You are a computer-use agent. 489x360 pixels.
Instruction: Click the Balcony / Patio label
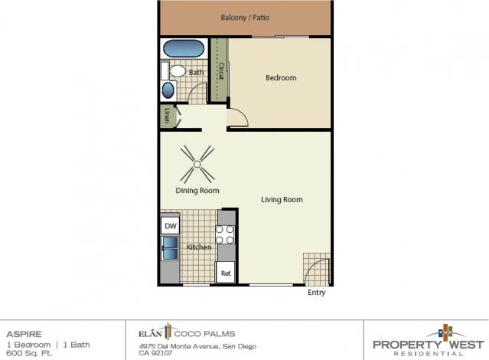point(244,18)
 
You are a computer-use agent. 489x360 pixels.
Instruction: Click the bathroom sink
point(168,90)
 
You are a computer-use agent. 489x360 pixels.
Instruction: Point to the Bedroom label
point(280,78)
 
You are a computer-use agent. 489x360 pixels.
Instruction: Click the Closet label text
point(220,72)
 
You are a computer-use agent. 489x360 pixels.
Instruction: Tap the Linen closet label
point(167,116)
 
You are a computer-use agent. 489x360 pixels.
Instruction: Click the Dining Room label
point(197,191)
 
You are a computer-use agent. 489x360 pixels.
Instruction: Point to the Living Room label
point(282,200)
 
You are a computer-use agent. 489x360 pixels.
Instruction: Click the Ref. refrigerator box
point(226,273)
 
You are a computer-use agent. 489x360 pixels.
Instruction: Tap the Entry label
point(316,293)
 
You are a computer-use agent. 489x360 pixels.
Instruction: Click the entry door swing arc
point(318,270)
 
